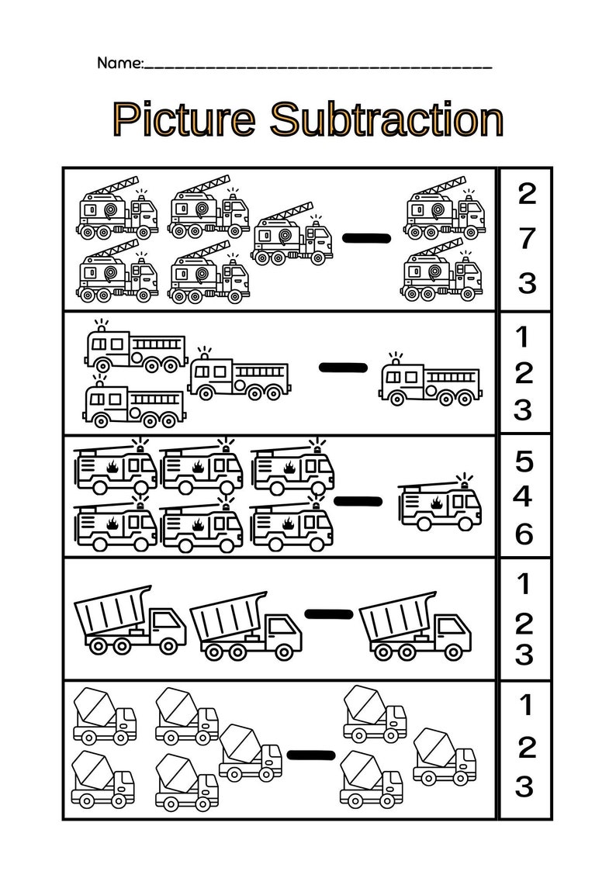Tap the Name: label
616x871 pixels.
click(120, 63)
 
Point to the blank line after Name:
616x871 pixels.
click(318, 65)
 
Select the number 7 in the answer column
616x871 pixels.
click(526, 239)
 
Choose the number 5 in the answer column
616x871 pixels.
click(525, 461)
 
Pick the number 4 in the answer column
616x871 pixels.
click(525, 495)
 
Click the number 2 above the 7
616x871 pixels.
click(526, 194)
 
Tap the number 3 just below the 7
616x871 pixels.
click(526, 283)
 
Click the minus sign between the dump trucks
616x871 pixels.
click(329, 614)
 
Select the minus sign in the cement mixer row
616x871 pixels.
click(310, 755)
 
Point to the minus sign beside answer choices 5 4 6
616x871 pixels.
click(358, 502)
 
